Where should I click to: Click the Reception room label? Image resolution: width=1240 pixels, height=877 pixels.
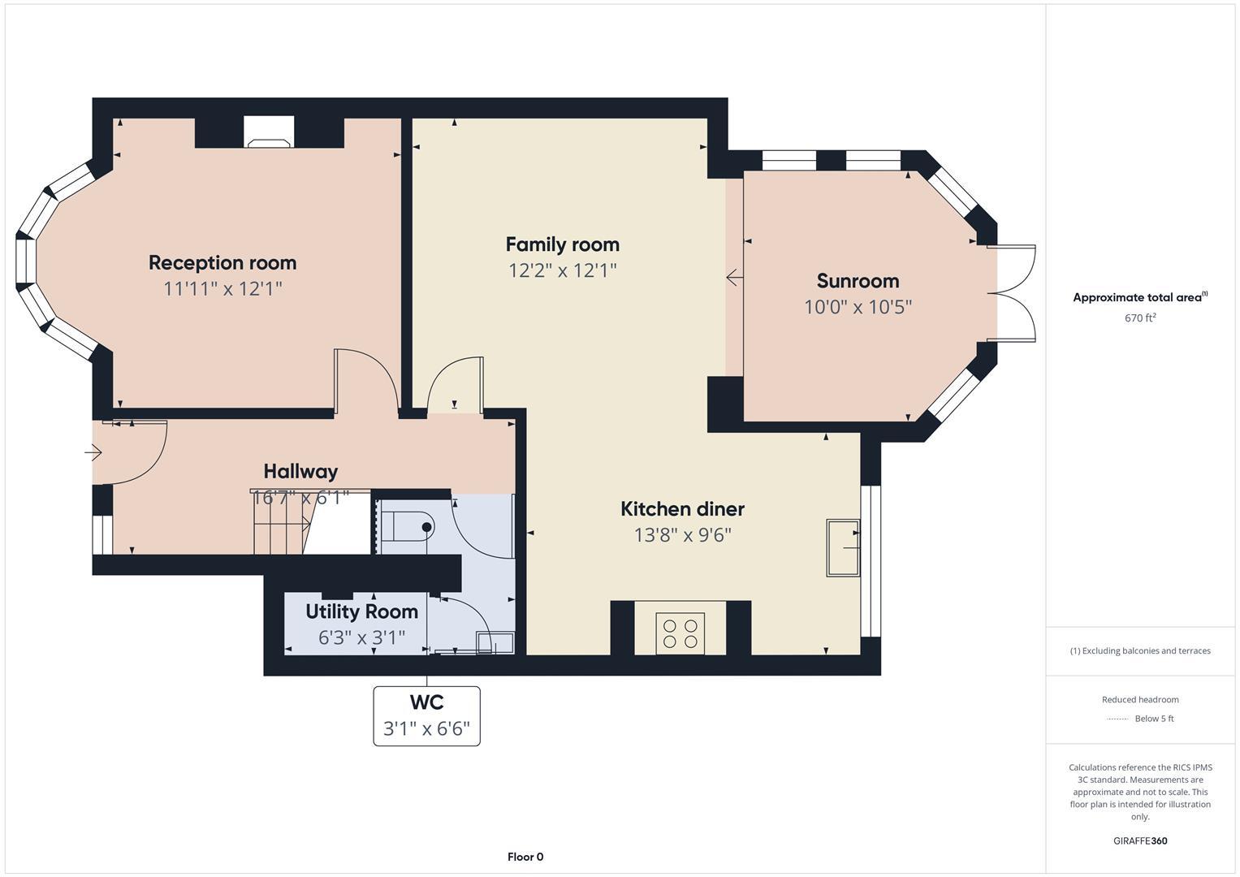pyautogui.click(x=223, y=262)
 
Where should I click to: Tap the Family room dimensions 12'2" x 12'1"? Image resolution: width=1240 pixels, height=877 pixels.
pyautogui.click(x=562, y=270)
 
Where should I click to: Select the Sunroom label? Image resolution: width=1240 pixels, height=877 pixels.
pyautogui.click(x=858, y=281)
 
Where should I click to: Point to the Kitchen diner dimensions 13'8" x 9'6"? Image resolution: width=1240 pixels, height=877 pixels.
pyautogui.click(x=682, y=535)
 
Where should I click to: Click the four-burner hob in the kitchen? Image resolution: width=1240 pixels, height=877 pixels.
pyautogui.click(x=680, y=633)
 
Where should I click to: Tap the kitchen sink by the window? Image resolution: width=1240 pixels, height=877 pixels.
pyautogui.click(x=843, y=547)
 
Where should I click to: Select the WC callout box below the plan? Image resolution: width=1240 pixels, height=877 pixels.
pyautogui.click(x=426, y=715)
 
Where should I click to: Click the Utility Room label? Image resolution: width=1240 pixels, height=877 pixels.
pyautogui.click(x=361, y=611)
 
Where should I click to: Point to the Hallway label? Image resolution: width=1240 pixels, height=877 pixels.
pyautogui.click(x=300, y=471)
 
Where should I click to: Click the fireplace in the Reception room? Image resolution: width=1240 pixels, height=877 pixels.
pyautogui.click(x=269, y=133)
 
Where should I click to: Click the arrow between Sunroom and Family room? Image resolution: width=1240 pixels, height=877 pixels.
pyautogui.click(x=733, y=278)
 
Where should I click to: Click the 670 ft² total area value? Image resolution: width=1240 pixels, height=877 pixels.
pyautogui.click(x=1139, y=318)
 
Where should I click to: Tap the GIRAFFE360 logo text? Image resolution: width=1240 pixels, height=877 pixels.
pyautogui.click(x=1139, y=840)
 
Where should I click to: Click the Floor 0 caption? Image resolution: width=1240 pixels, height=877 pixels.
pyautogui.click(x=525, y=857)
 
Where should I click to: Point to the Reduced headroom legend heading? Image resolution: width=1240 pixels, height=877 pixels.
pyautogui.click(x=1139, y=699)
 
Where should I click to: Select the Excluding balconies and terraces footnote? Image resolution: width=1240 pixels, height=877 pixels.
pyautogui.click(x=1139, y=650)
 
